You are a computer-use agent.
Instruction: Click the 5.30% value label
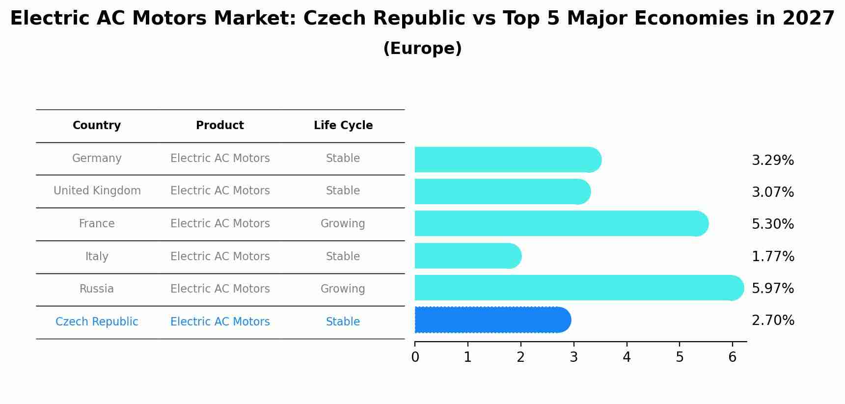[x=772, y=224]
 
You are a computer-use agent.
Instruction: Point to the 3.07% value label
[x=772, y=192]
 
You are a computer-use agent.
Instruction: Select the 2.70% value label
[x=772, y=321]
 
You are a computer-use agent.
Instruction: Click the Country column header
[x=97, y=126]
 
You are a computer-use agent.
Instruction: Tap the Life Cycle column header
[x=343, y=126]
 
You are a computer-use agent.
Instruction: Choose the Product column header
[x=220, y=126]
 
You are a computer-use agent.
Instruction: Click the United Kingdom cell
[x=97, y=191]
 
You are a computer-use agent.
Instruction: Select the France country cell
[x=97, y=224]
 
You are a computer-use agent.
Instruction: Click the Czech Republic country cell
[x=97, y=322]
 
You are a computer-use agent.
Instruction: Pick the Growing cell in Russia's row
[x=343, y=289]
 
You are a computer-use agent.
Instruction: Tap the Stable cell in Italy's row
[x=343, y=257]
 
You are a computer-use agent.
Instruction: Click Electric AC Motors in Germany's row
[x=220, y=159]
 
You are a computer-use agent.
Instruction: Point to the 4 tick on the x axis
[x=627, y=357]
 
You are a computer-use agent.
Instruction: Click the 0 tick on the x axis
[x=415, y=357]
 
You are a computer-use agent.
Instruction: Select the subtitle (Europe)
[x=422, y=49]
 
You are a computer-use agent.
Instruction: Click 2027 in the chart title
[x=808, y=19]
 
